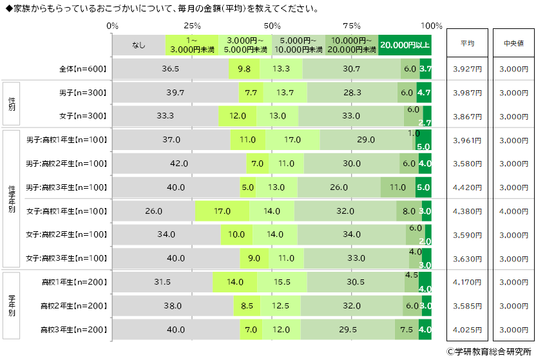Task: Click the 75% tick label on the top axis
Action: pyautogui.click(x=352, y=26)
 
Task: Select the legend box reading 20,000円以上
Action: pyautogui.click(x=405, y=44)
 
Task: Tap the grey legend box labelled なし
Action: pyautogui.click(x=139, y=44)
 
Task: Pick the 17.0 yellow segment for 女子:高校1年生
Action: pyautogui.click(x=222, y=211)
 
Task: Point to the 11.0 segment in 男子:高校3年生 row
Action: pyautogui.click(x=397, y=187)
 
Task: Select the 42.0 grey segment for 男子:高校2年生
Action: pyautogui.click(x=179, y=164)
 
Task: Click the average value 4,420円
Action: pyautogui.click(x=467, y=187)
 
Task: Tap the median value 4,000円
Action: pyautogui.click(x=513, y=211)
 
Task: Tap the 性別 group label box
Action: pyautogui.click(x=12, y=104)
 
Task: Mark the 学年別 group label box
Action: pyautogui.click(x=12, y=305)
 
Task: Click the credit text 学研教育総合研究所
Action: pyautogui.click(x=488, y=352)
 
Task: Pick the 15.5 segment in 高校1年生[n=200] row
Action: pyautogui.click(x=282, y=281)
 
